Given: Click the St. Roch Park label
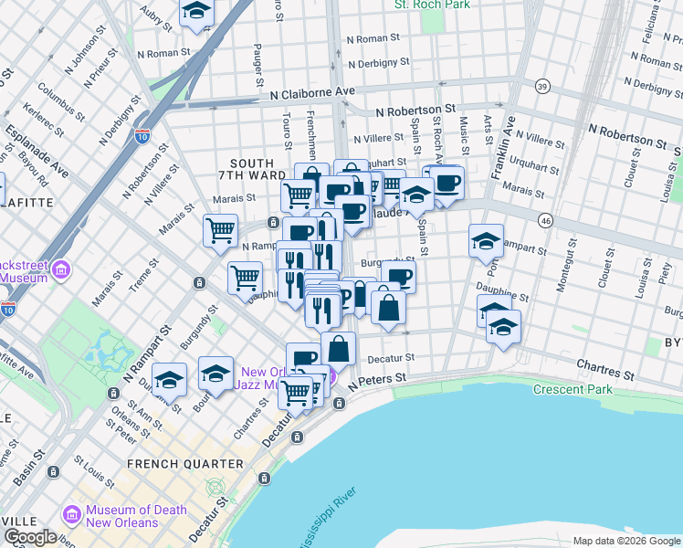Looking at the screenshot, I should coord(431,5).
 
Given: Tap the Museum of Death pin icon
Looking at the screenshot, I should coord(71,517).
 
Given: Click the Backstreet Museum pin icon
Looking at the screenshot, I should coord(62,269).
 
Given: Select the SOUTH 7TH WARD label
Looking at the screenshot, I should coord(246,169).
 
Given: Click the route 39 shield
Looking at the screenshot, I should coord(542,86).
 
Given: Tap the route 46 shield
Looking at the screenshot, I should coord(544,220).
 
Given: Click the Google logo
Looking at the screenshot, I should coord(30,537).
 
